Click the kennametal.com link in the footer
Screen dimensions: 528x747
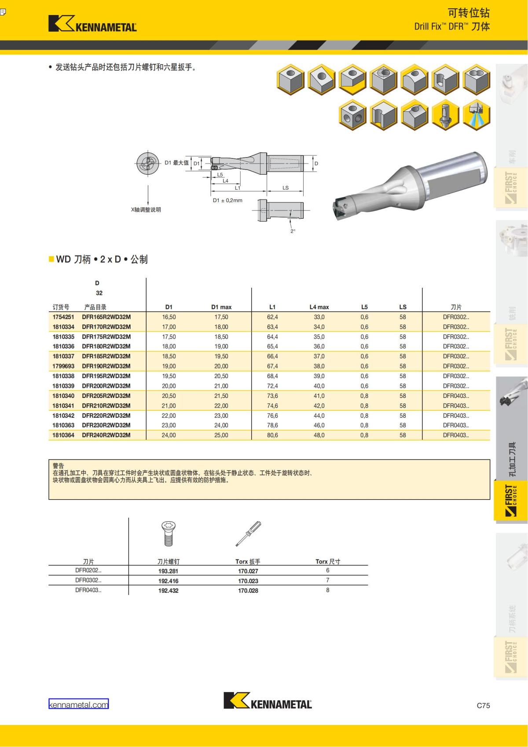pyautogui.click(x=78, y=705)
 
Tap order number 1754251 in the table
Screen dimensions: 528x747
pyautogui.click(x=63, y=317)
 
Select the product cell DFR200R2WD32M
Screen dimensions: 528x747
pyautogui.click(x=106, y=386)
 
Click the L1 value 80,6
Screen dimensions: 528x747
pyautogui.click(x=272, y=435)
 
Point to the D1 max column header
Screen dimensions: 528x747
pyautogui.click(x=221, y=307)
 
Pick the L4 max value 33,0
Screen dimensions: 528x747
pyautogui.click(x=319, y=317)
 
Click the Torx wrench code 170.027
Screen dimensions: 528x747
pyautogui.click(x=248, y=571)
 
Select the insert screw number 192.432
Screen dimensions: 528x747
pyautogui.click(x=169, y=591)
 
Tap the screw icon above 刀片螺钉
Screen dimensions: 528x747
pyautogui.click(x=169, y=534)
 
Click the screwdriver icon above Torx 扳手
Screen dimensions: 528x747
pyautogui.click(x=248, y=534)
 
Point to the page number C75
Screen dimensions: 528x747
pyautogui.click(x=483, y=705)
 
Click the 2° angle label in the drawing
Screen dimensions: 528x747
pyautogui.click(x=293, y=231)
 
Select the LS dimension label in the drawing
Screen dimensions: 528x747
pyautogui.click(x=286, y=188)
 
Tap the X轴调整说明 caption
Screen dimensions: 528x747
pyautogui.click(x=146, y=210)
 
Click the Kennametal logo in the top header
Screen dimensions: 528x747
pyautogui.click(x=92, y=24)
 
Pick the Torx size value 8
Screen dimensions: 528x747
pyautogui.click(x=327, y=590)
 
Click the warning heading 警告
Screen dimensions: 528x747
pyautogui.click(x=59, y=466)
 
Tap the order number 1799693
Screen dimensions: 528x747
pyautogui.click(x=63, y=366)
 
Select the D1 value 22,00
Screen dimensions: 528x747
pyautogui.click(x=169, y=416)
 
